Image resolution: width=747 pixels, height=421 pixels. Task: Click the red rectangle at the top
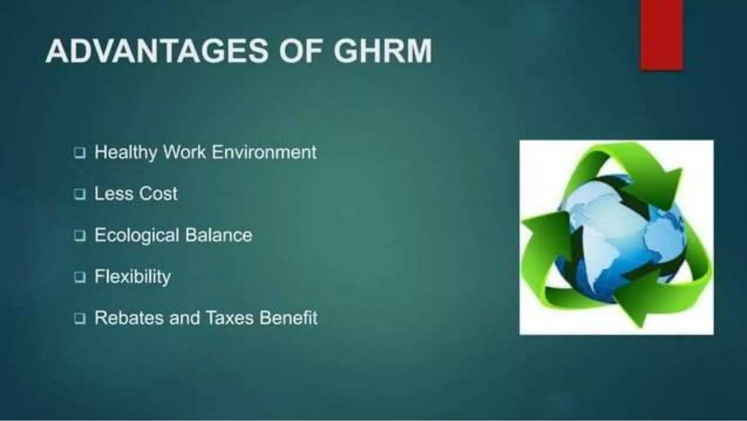tap(661, 35)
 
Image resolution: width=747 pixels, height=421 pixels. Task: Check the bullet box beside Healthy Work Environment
tap(80, 153)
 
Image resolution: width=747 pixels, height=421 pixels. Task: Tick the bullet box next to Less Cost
tap(80, 194)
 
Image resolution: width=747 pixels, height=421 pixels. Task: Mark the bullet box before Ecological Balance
tap(80, 236)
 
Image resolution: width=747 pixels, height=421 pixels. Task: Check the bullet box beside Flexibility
tap(80, 277)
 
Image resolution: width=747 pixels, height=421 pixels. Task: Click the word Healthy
tap(125, 152)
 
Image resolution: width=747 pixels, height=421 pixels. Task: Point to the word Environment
tap(264, 152)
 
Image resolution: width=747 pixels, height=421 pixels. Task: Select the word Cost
tap(158, 194)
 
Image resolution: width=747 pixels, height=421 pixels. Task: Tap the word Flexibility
tap(133, 277)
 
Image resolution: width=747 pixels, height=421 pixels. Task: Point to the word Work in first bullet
tap(184, 152)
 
